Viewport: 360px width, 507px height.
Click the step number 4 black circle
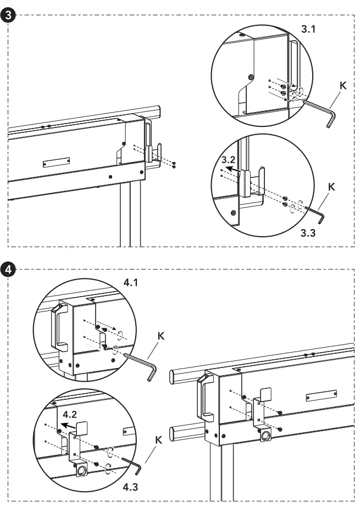click(7, 270)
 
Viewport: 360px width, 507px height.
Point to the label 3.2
click(228, 159)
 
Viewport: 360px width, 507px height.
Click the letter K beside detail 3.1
click(344, 86)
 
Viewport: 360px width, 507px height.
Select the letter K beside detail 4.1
click(161, 335)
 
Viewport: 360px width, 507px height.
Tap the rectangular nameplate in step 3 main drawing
click(57, 163)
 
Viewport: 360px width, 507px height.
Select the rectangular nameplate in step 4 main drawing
click(321, 397)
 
